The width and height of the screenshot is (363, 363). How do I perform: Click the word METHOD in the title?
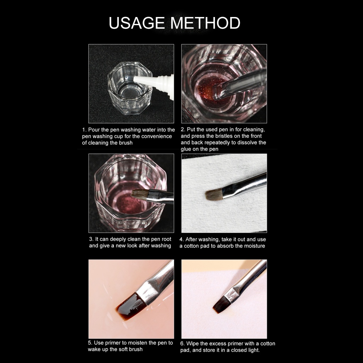click(205, 23)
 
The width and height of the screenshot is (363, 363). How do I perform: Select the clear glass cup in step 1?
click(130, 88)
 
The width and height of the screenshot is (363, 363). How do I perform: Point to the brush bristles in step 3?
click(140, 194)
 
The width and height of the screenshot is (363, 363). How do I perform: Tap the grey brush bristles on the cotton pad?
click(214, 195)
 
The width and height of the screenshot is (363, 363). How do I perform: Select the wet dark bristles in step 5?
click(131, 306)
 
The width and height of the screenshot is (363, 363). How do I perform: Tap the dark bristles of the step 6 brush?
click(221, 304)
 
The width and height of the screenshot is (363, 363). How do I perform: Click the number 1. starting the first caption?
click(84, 130)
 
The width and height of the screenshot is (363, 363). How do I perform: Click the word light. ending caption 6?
click(253, 350)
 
